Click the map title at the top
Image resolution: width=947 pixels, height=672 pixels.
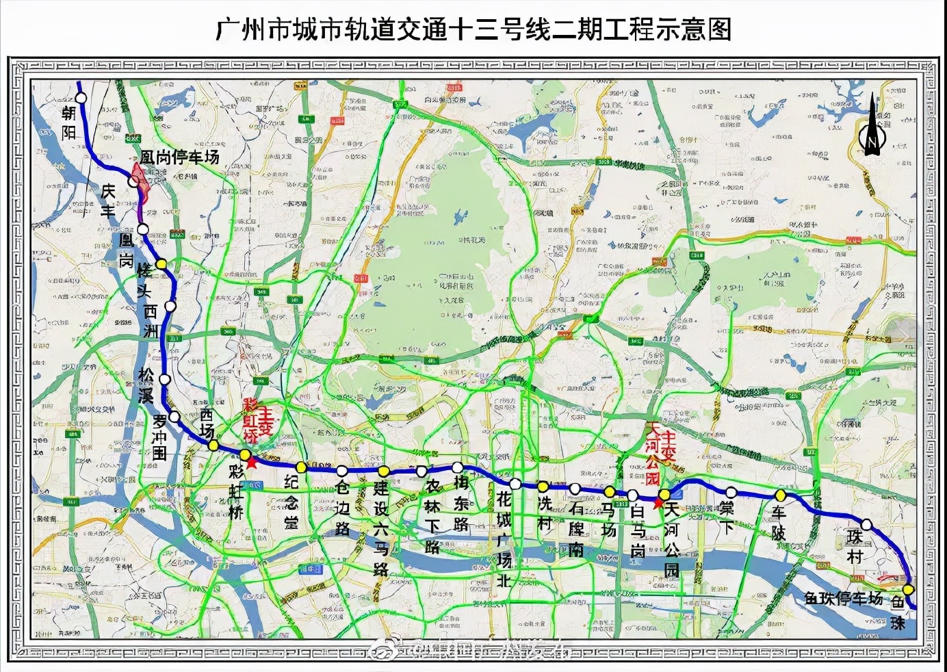pos(473,29)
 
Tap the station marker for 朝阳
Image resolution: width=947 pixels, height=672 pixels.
pos(81,98)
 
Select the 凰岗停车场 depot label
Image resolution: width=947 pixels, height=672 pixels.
pos(179,157)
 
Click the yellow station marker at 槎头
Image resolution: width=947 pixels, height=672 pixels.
pos(161,264)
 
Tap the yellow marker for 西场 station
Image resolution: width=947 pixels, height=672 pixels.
pos(213,445)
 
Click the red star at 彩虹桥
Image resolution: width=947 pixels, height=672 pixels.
pos(251,463)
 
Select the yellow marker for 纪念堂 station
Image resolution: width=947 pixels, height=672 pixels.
pos(301,467)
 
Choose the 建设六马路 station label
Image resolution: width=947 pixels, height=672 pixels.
pos(381,529)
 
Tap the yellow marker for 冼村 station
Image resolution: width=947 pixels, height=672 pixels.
pos(543,487)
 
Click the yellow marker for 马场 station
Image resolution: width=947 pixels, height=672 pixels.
pos(609,491)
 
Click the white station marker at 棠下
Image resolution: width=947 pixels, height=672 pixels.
pos(731,492)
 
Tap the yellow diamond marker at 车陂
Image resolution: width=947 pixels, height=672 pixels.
pos(780,495)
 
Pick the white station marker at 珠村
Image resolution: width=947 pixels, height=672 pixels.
pos(867,525)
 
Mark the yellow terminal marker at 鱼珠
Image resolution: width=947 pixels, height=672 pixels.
pos(908,590)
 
